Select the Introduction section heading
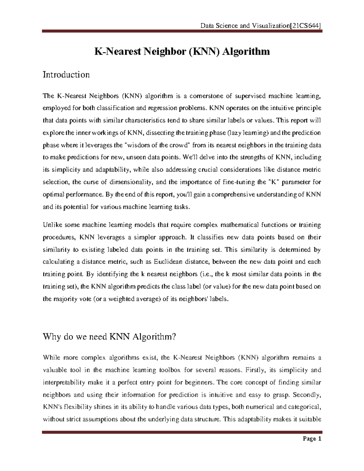(66, 75)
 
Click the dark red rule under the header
(182, 31)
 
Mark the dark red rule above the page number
(182, 432)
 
